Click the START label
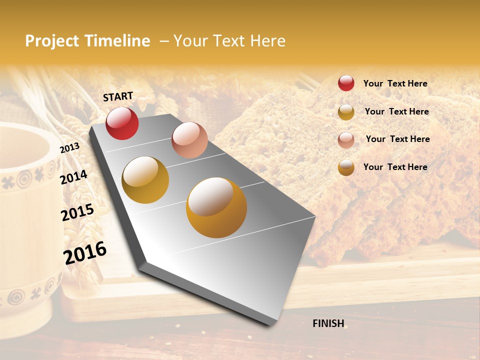coord(118,96)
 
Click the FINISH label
coord(328,323)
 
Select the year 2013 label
coord(69,148)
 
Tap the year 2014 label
coord(73,177)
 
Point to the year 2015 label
coord(77,212)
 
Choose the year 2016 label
coord(85,253)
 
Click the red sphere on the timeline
coord(122,123)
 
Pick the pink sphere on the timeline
coord(189,140)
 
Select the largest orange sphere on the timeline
coord(216,207)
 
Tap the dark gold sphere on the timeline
coord(145,180)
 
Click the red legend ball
coord(346,83)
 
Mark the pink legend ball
coord(346,140)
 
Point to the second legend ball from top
coord(346,112)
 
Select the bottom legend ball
coord(346,167)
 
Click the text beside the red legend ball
coord(395,83)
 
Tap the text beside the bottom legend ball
coord(395,167)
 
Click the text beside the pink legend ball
coord(397,139)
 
